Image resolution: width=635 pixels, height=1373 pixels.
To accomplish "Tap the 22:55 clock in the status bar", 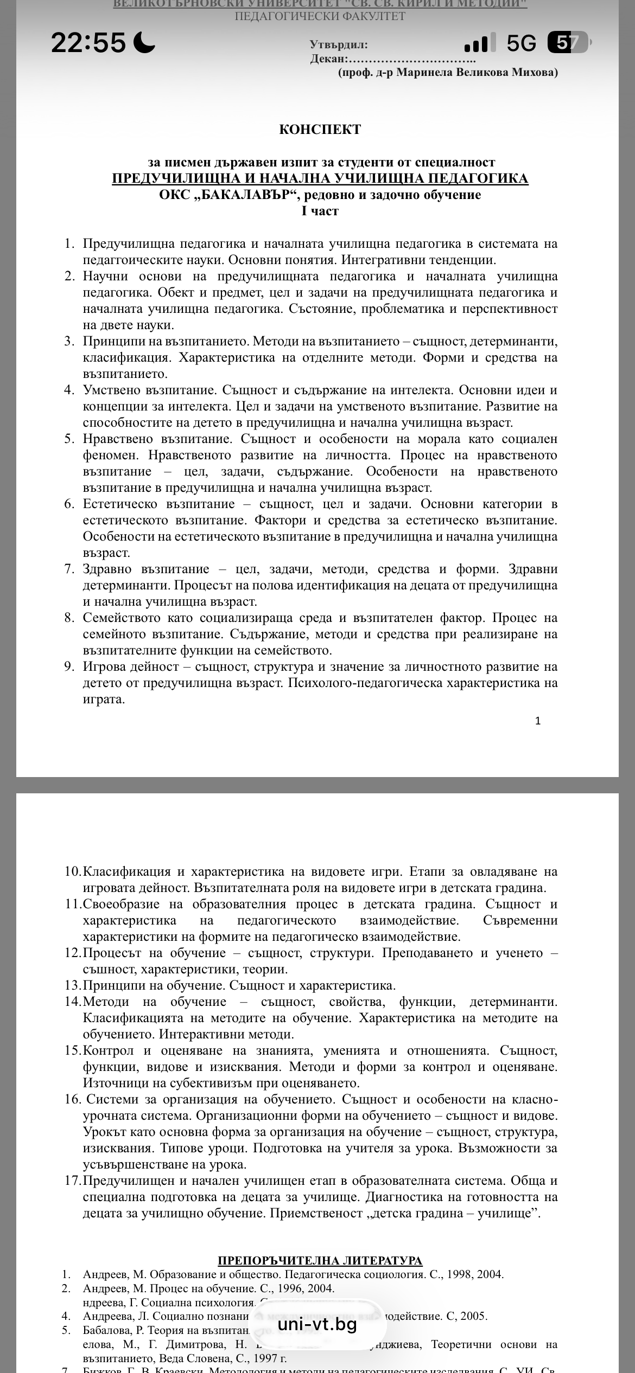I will click(x=88, y=42).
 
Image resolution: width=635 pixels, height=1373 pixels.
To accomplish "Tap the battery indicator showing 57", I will click(x=568, y=42).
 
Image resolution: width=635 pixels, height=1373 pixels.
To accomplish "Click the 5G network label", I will click(x=521, y=43).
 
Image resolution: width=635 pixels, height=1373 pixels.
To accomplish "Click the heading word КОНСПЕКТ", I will click(x=320, y=130).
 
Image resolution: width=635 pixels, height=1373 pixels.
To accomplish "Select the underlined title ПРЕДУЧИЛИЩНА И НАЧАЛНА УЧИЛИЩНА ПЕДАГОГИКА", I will click(x=320, y=178).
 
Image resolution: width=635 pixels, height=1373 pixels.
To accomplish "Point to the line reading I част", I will click(x=320, y=211).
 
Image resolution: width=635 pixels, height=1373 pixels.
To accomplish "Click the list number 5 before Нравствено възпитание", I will click(x=69, y=439).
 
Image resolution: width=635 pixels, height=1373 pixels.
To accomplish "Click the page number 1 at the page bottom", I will click(x=538, y=721).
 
